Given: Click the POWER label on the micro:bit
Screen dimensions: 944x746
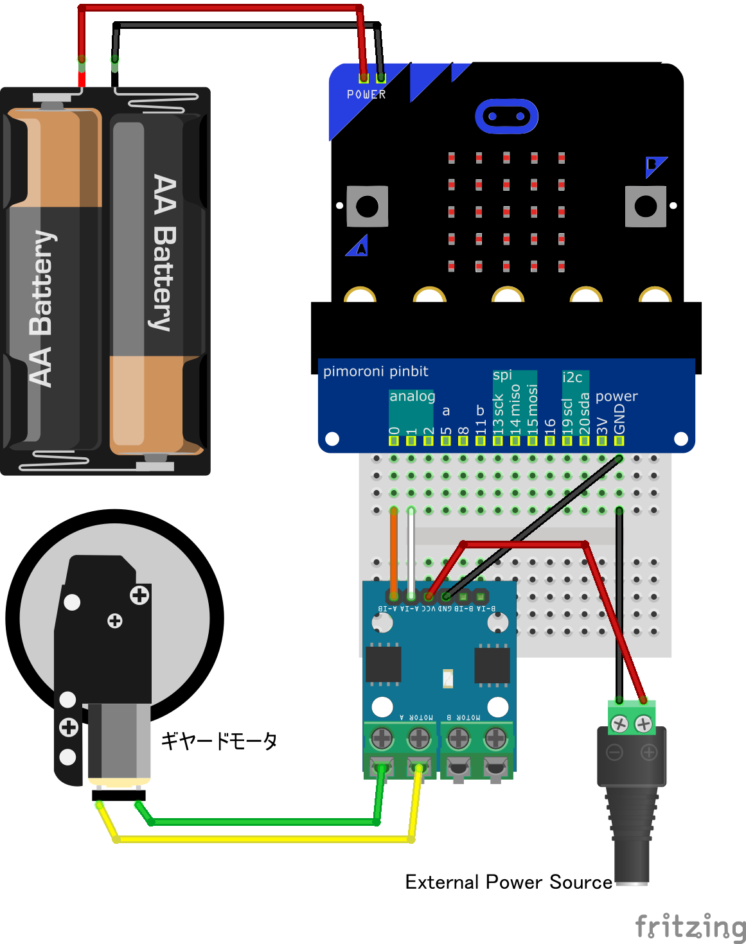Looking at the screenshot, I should [366, 94].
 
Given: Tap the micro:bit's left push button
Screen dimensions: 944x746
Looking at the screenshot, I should [368, 206].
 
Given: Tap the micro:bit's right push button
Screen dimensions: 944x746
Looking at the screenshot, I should [645, 206].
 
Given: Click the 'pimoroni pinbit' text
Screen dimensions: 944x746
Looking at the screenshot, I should [375, 371].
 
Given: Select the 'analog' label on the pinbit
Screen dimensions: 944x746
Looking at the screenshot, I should [412, 396].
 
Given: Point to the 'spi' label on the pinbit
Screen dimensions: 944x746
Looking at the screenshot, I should [502, 375].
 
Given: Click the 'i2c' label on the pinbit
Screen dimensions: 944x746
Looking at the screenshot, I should [572, 378].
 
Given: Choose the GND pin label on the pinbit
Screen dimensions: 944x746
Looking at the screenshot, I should [619, 419].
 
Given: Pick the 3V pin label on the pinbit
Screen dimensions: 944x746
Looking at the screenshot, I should [602, 426].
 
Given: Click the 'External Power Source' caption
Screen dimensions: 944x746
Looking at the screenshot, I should [508, 882].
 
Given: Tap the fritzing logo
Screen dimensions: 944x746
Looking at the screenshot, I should [690, 927].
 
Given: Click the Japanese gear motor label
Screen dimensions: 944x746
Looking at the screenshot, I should [219, 741].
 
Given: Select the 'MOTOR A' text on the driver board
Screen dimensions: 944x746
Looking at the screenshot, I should [416, 717].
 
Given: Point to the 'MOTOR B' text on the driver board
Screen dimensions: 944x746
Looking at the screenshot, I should [463, 717].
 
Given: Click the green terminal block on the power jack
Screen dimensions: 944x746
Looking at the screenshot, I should [632, 718].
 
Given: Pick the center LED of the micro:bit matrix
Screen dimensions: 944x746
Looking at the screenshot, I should [506, 211].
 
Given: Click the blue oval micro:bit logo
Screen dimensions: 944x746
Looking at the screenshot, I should [506, 116].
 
